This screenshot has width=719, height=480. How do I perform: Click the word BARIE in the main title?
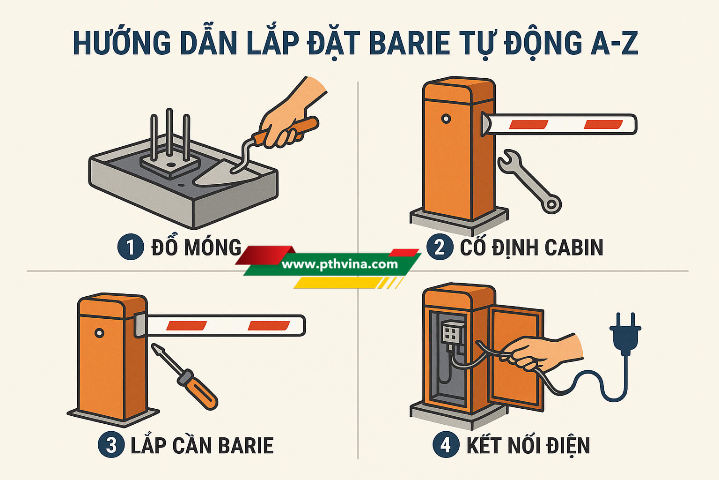409,43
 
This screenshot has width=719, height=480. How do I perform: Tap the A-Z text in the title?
605,43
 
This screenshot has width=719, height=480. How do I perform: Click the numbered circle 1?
130,247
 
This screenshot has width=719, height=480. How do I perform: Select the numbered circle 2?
440,247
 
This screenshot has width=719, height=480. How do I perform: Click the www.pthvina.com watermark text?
339,264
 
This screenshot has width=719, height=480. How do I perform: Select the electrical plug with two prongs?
625,334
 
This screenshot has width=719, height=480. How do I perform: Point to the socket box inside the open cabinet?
453,332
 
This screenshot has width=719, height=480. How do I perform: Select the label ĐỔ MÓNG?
196,247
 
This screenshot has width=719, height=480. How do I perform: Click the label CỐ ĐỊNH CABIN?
532,247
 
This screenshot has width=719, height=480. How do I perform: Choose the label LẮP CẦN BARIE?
202,445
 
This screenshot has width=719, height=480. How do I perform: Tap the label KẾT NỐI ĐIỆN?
528,446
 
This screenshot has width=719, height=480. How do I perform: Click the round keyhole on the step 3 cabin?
99,333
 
